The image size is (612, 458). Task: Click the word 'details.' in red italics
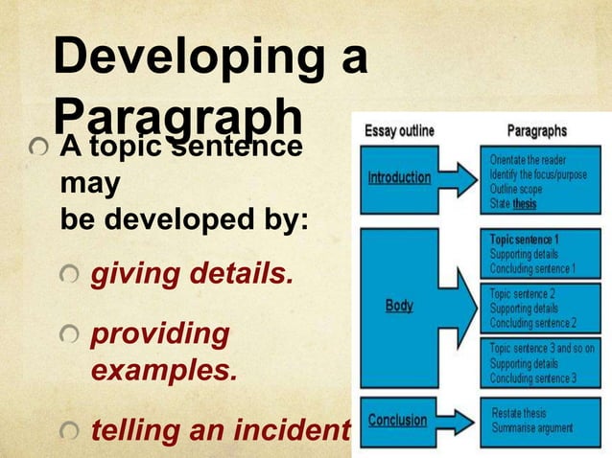(246, 276)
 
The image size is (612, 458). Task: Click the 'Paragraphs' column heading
(535, 130)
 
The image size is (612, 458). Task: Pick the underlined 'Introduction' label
(399, 178)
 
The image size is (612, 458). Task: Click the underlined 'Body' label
(399, 306)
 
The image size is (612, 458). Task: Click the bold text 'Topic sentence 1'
(525, 238)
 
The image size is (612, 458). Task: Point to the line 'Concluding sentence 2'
(532, 322)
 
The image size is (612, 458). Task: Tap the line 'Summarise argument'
(532, 426)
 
